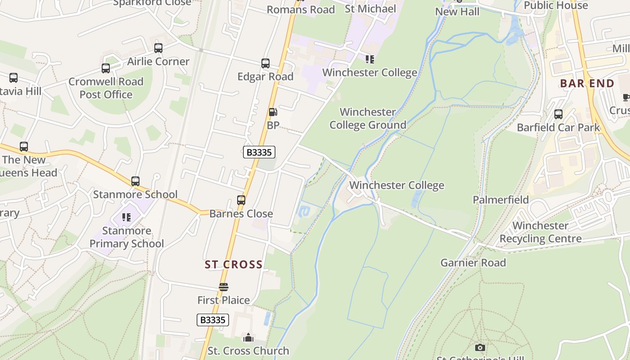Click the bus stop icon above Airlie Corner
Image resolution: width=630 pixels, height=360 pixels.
pos(158,48)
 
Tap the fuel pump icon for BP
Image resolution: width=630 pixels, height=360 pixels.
pos(273,112)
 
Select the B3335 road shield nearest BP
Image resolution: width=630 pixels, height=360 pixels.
pos(259,152)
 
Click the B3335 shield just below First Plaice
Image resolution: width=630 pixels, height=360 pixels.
pos(213,320)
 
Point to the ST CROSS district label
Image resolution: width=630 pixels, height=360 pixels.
pos(234,265)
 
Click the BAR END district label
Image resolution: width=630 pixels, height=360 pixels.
pos(587,84)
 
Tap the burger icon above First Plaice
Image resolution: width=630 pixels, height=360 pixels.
pos(224,287)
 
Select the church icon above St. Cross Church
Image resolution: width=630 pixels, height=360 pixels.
pos(248,337)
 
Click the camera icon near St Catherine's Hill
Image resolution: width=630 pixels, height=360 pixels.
pos(480,347)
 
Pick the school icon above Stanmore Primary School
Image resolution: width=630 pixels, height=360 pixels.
pos(126,218)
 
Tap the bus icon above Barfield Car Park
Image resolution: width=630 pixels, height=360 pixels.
pos(558,114)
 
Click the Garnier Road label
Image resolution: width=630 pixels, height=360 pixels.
pos(473,262)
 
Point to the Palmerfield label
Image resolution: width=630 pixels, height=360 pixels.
pos(500,199)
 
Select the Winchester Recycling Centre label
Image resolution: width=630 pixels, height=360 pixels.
pos(540,232)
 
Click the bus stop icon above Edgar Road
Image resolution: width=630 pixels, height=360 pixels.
pos(265,63)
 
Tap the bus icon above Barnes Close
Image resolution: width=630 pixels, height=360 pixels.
pos(241,200)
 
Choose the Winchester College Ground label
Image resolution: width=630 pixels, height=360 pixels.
pos(368,118)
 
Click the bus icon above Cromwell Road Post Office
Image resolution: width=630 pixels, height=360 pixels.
pos(106,68)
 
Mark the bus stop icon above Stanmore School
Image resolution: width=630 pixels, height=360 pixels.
pos(135,181)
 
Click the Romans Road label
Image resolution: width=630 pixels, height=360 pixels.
pos(301,9)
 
